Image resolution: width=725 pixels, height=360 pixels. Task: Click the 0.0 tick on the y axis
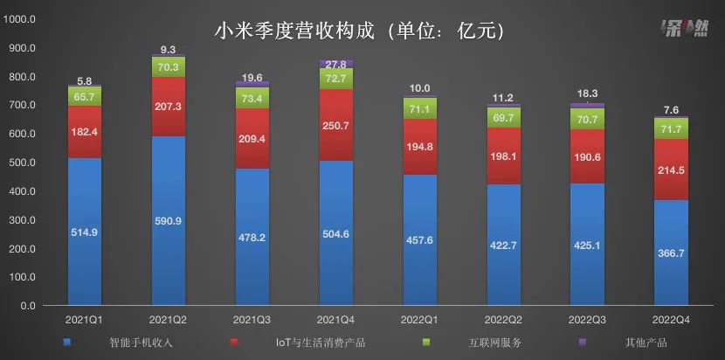(x=26, y=307)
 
